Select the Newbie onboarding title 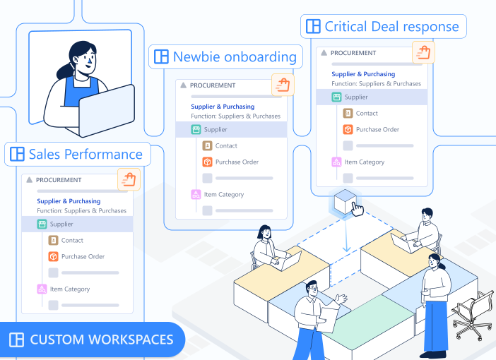pyautogui.click(x=234, y=57)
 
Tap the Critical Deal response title pyautogui.click(x=391, y=27)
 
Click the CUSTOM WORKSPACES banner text pyautogui.click(x=101, y=340)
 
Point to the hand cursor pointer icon pyautogui.click(x=358, y=210)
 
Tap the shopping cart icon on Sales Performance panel pyautogui.click(x=129, y=179)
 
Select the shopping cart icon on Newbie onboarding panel pyautogui.click(x=283, y=85)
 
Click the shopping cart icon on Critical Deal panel pyautogui.click(x=423, y=52)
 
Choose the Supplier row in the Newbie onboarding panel pyautogui.click(x=215, y=129)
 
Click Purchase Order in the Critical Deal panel pyautogui.click(x=377, y=129)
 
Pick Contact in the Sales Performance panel pyautogui.click(x=72, y=241)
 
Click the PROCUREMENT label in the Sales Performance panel pyautogui.click(x=59, y=180)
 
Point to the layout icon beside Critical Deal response pyautogui.click(x=312, y=27)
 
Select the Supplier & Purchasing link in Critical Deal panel pyautogui.click(x=364, y=74)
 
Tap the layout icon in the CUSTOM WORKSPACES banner pyautogui.click(x=17, y=340)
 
